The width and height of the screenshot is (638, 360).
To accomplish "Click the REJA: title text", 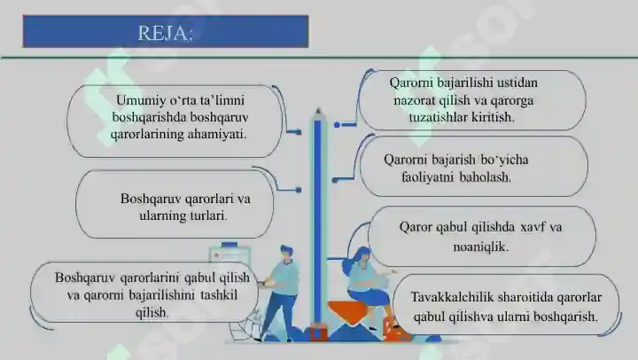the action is click(165, 33).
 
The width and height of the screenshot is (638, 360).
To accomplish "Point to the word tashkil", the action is click(219, 295).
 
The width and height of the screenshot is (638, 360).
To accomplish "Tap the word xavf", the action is click(533, 227).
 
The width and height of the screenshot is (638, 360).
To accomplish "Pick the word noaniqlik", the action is click(481, 247).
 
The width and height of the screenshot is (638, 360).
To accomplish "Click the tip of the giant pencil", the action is click(318, 109).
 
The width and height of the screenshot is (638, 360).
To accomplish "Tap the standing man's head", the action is click(286, 253).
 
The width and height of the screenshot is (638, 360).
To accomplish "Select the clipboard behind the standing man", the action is click(230, 254).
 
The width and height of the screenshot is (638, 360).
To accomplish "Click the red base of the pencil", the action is click(319, 332).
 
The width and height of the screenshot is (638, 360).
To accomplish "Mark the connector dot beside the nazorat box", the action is click(337, 125).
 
